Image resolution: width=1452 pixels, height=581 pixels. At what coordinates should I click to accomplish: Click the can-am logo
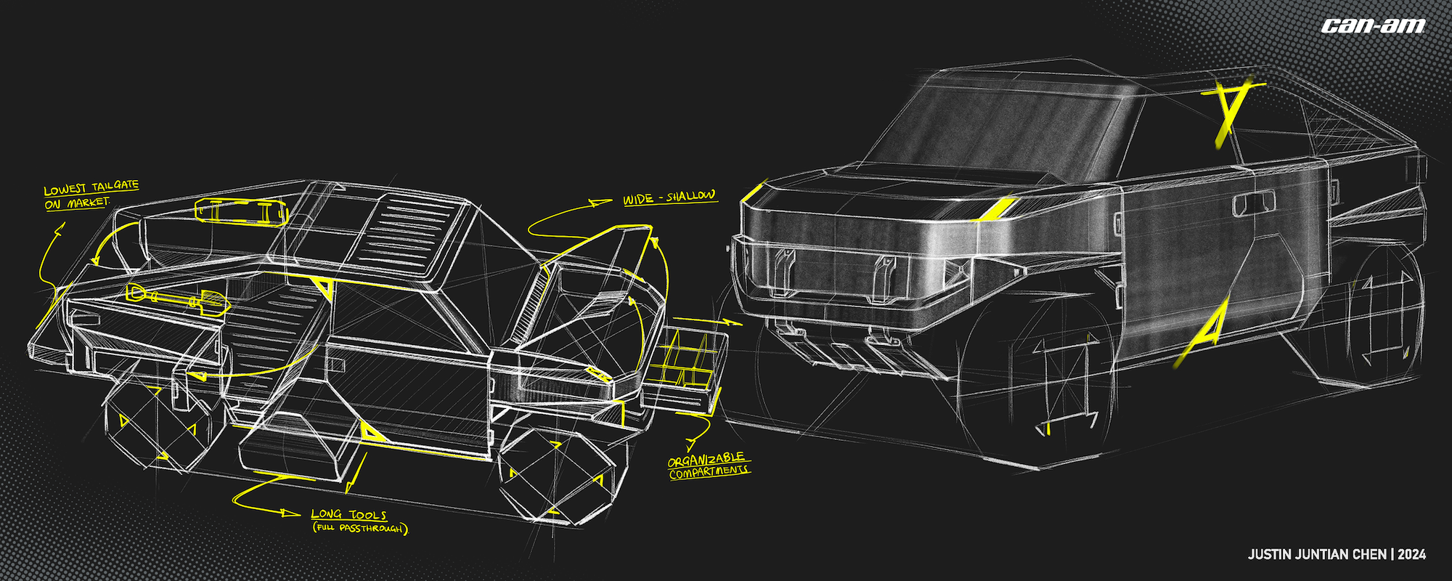pos(1373,26)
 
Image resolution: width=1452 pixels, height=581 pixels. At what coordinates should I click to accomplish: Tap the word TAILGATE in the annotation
pos(115,187)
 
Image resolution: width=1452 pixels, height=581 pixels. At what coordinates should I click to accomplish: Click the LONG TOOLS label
pos(348,514)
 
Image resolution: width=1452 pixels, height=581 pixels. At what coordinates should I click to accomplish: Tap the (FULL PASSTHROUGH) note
pos(361,529)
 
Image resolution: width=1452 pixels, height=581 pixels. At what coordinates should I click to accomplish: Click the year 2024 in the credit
pos(1411,555)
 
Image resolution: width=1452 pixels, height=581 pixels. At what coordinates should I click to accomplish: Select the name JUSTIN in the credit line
pos(1270,555)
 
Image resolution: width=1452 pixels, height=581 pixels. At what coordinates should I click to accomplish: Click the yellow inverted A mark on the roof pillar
pos(1231,109)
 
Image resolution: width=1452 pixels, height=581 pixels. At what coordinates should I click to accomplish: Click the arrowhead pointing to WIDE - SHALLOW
pos(602,203)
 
